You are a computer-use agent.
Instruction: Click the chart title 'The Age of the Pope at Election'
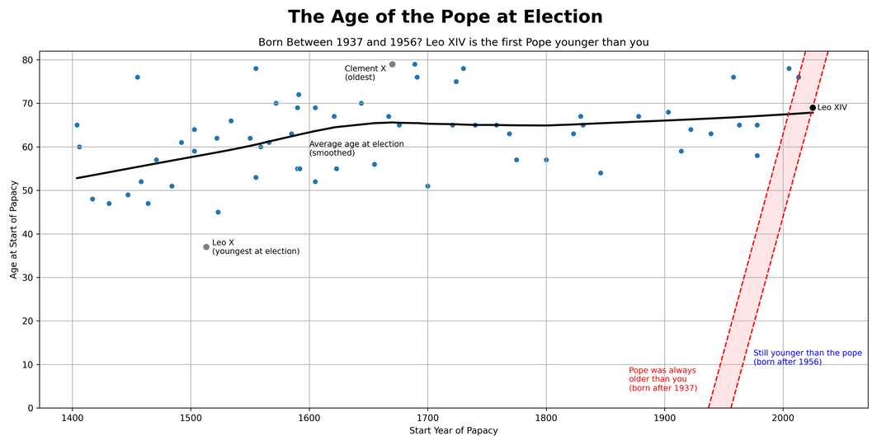[x=445, y=17]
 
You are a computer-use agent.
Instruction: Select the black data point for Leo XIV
[x=813, y=108]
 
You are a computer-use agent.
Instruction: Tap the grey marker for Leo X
[x=206, y=247]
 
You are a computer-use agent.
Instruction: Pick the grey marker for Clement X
[x=392, y=64]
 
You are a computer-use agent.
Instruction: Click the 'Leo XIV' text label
[x=832, y=108]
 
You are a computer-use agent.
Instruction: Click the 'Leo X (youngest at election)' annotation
[x=255, y=247]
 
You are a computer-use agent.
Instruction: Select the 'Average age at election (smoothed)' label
[x=356, y=148]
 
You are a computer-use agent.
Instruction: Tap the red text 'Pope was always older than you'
[x=662, y=379]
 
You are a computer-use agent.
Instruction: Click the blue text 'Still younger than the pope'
[x=807, y=357]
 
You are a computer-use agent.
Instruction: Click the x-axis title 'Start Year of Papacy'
[x=453, y=431]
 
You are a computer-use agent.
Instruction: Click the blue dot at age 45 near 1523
[x=218, y=212]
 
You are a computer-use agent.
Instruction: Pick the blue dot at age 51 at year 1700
[x=427, y=186]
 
